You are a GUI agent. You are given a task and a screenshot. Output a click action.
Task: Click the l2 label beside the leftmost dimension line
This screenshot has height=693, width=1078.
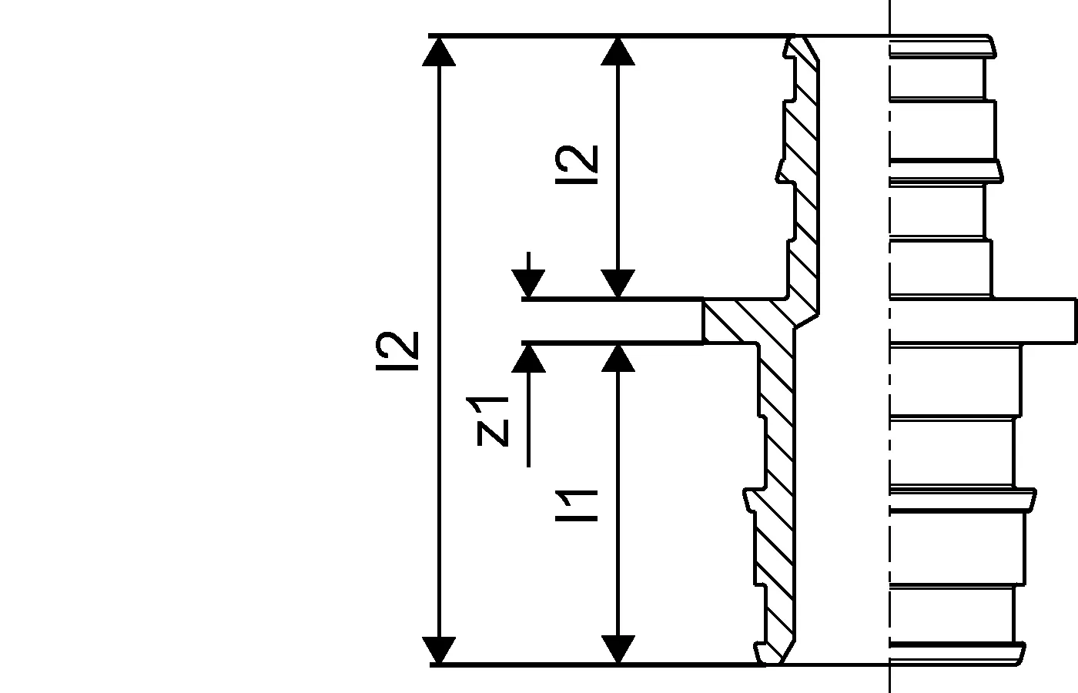(397, 350)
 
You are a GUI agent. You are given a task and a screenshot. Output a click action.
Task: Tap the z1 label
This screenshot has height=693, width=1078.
(492, 421)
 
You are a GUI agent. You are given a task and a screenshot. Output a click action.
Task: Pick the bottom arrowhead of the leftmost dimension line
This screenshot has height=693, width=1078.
(439, 649)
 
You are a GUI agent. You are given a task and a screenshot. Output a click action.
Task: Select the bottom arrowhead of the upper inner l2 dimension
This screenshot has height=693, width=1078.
(618, 283)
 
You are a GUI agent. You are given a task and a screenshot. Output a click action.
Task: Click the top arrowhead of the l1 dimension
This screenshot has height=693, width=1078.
(618, 357)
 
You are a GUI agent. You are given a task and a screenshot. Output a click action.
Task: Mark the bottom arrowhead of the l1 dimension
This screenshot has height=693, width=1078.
(618, 649)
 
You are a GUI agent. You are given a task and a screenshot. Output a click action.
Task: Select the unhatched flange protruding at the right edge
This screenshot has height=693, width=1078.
(1032, 320)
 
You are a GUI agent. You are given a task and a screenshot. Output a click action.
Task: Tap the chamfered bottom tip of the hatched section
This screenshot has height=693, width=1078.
(774, 654)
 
